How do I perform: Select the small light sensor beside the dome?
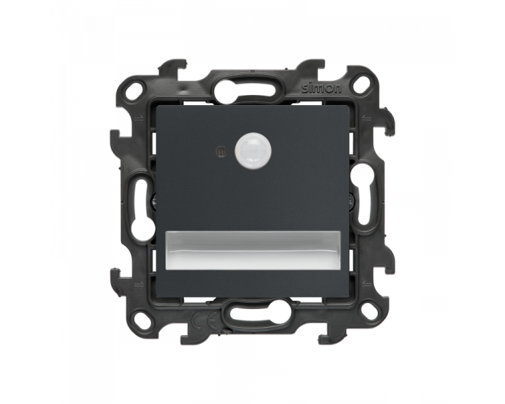(x=221, y=151)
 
